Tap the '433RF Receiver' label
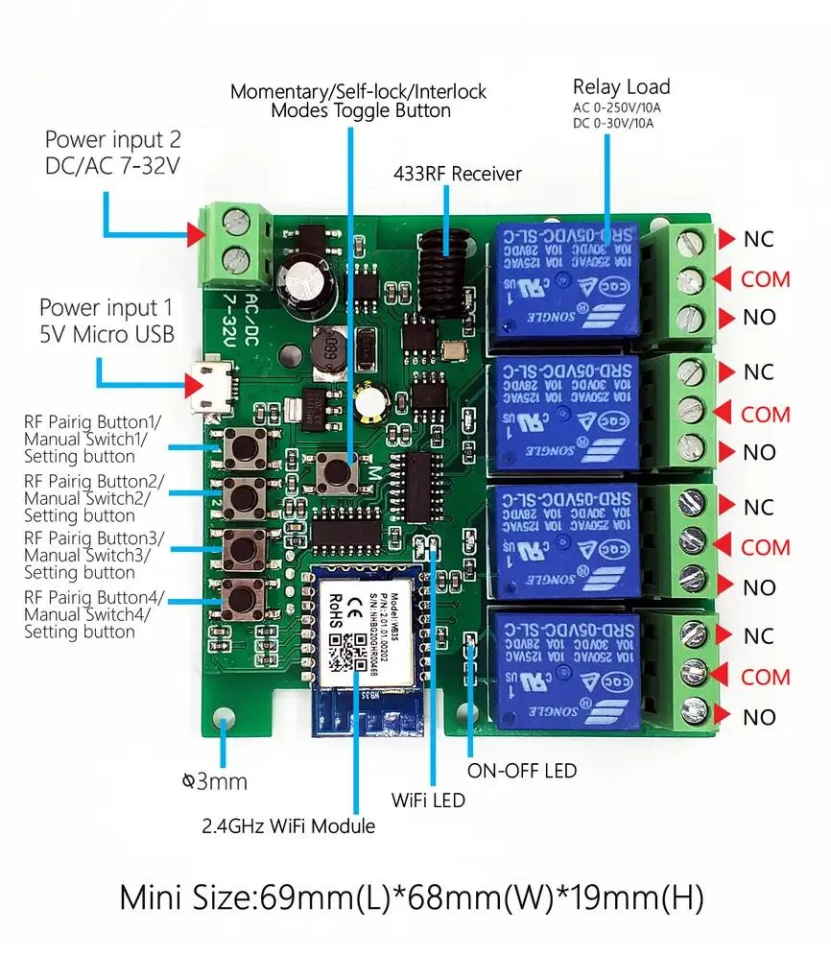pyautogui.click(x=457, y=174)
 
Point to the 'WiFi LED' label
pyautogui.click(x=427, y=799)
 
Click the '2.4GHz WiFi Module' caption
pyautogui.click(x=288, y=825)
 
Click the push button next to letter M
pyautogui.click(x=335, y=472)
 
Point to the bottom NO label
pyautogui.click(x=759, y=717)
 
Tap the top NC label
pyautogui.click(x=758, y=239)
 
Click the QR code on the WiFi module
pyautogui.click(x=341, y=655)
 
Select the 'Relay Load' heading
pyautogui.click(x=621, y=87)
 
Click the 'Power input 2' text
pyautogui.click(x=113, y=140)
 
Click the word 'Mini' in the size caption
pyautogui.click(x=154, y=898)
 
